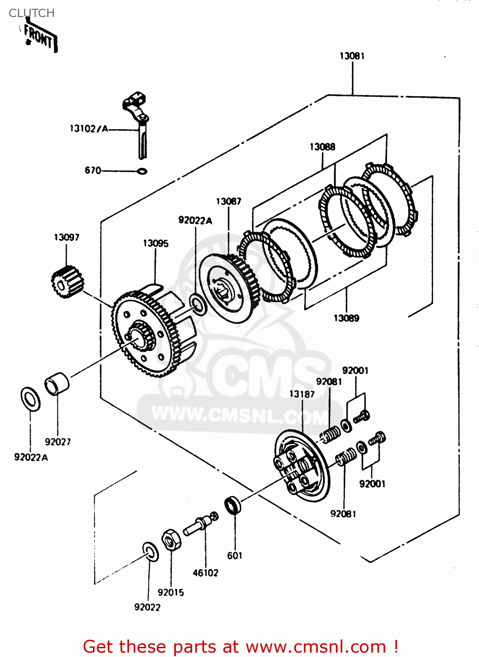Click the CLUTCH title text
[x=32, y=13]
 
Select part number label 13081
[x=352, y=56]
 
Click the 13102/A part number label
[x=89, y=128]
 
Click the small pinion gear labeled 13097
[x=67, y=282]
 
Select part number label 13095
[x=155, y=244]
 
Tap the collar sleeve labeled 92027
[x=57, y=384]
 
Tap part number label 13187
[x=302, y=394]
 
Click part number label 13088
[x=322, y=147]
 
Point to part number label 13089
[x=346, y=318]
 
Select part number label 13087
[x=229, y=201]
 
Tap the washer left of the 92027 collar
[x=31, y=399]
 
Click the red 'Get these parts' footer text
[x=240, y=646]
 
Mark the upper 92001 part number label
[x=355, y=371]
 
